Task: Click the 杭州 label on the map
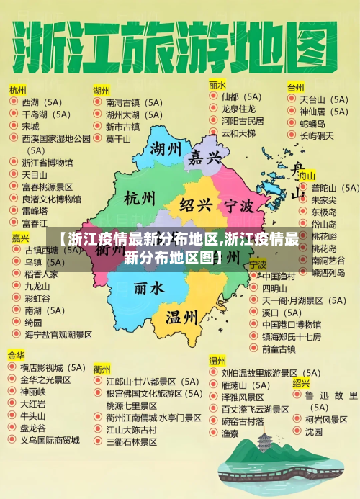(139, 198)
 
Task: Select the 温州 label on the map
(181, 317)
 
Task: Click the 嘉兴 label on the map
(205, 158)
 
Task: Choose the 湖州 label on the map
(166, 150)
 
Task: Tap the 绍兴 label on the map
(195, 205)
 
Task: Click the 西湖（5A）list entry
(42, 102)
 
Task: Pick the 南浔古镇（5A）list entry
(133, 102)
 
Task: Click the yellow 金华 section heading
(17, 355)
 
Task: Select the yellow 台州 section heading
(295, 87)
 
